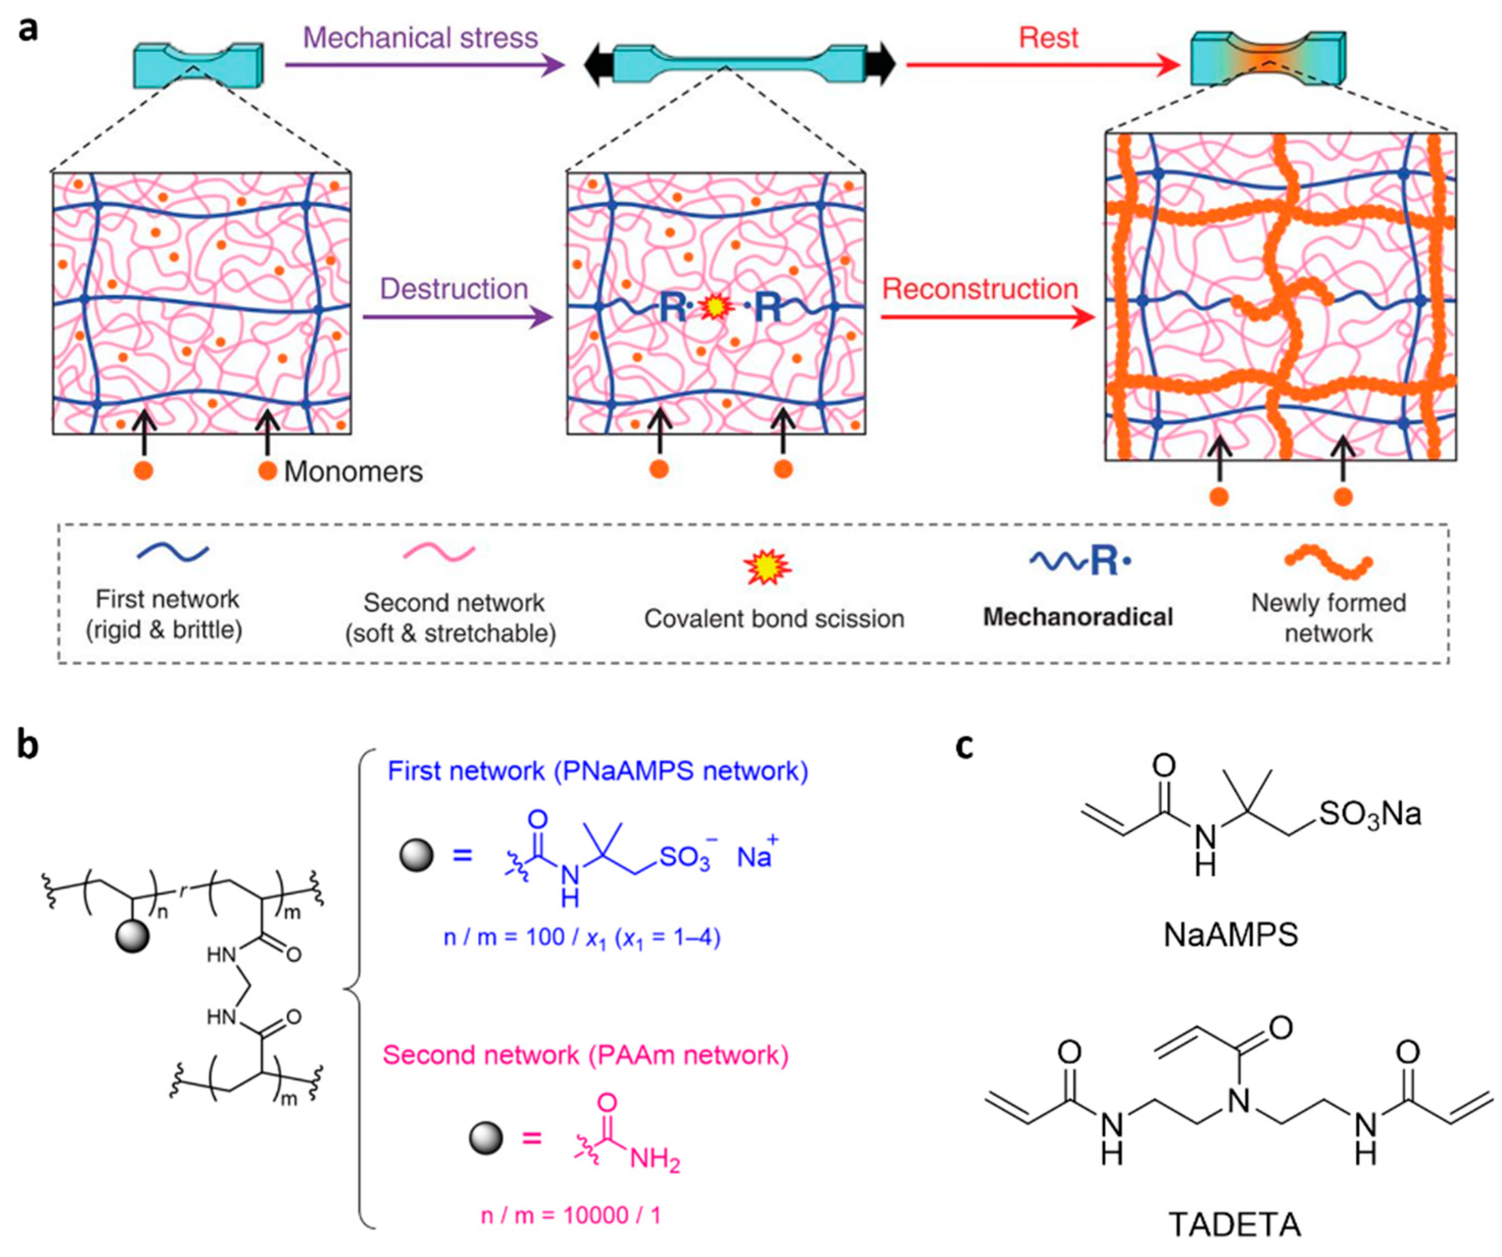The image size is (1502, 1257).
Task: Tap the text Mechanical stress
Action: click(420, 38)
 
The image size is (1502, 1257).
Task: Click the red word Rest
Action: click(1048, 38)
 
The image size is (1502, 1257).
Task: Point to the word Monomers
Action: click(354, 472)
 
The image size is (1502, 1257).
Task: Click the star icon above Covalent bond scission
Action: click(767, 569)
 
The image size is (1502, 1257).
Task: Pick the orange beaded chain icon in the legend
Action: click(1328, 562)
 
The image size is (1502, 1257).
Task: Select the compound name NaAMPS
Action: click(1230, 935)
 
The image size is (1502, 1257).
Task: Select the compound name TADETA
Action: click(1235, 1225)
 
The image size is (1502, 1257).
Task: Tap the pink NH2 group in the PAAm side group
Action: click(655, 1161)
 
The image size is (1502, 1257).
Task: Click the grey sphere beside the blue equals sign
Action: click(416, 855)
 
